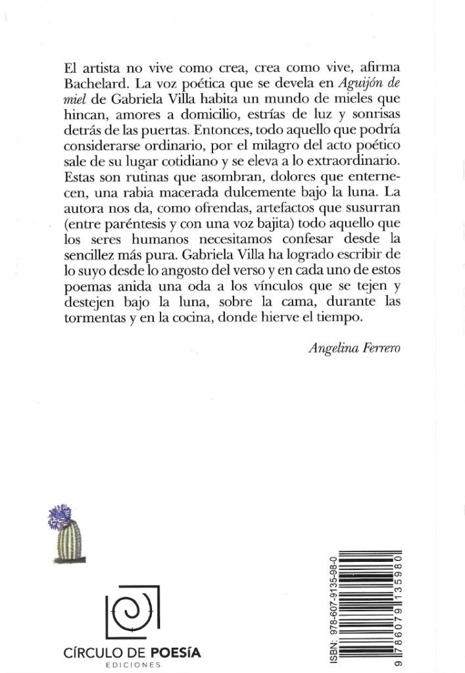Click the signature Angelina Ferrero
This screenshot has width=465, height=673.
point(355,349)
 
